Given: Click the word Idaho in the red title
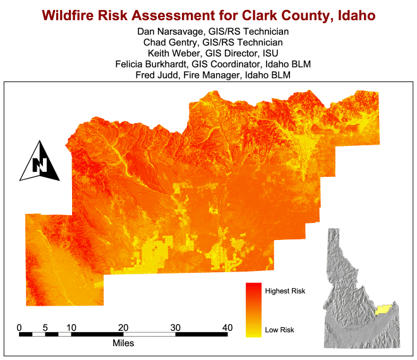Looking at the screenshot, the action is pos(356,15).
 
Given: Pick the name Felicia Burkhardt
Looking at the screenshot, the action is pos(151,64).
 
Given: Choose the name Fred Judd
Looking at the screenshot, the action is pos(157,75).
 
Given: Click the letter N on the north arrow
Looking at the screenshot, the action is pos(40,165).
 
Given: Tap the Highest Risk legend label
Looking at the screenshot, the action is pos(285,291).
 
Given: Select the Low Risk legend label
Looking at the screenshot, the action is pos(279,330).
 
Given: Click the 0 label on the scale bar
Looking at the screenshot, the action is pos(19,328).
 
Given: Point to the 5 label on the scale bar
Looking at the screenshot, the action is pos(45,328).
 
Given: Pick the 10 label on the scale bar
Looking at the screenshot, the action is pos(71,328).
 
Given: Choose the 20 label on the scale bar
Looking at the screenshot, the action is pos(123,328).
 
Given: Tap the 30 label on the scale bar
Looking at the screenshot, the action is pos(176,328).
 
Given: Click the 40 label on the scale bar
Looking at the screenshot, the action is pos(227,328).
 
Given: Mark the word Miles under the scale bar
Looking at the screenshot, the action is pos(123,343).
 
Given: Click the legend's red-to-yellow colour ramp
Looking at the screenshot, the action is pos(253,310).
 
